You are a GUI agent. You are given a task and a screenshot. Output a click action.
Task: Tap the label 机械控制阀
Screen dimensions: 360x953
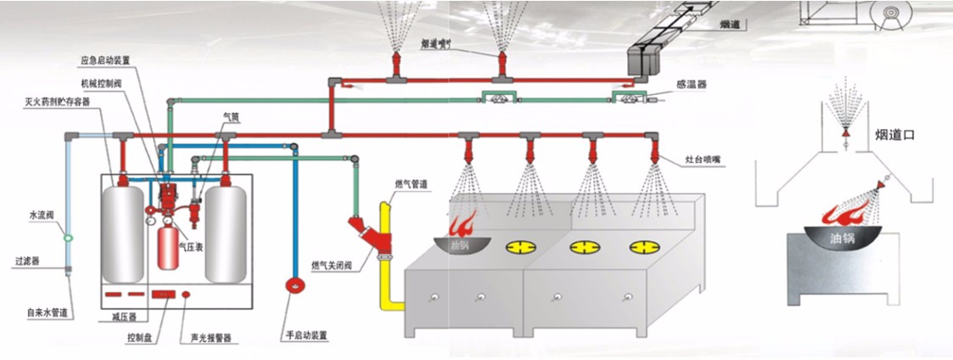pyautogui.click(x=99, y=83)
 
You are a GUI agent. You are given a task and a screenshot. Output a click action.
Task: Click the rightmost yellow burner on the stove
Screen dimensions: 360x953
pyautogui.click(x=642, y=247)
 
